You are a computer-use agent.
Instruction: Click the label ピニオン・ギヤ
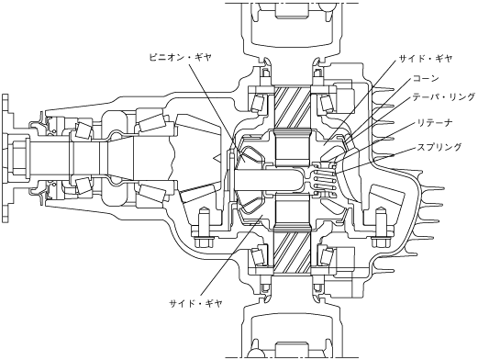click(x=180, y=57)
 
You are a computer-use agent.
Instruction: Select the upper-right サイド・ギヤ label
click(x=426, y=59)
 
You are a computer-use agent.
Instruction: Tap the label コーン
click(x=426, y=78)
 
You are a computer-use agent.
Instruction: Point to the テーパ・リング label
click(x=444, y=97)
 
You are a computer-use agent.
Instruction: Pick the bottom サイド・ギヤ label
click(x=196, y=303)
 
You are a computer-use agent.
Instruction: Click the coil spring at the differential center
click(x=323, y=181)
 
